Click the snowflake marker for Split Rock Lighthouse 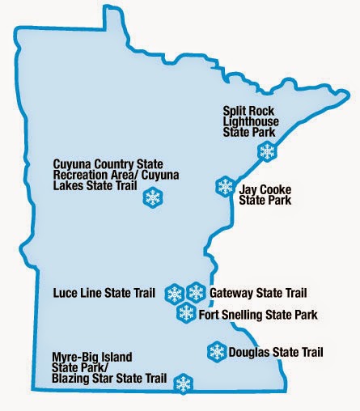[x=266, y=150]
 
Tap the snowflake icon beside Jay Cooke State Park [x=224, y=186]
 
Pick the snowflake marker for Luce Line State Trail [x=174, y=293]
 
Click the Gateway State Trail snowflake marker [x=196, y=292]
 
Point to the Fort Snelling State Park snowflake [x=186, y=313]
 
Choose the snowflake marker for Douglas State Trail [x=217, y=351]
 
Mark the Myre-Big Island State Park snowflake [x=184, y=383]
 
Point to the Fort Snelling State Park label [x=257, y=314]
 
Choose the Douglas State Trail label [x=276, y=352]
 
